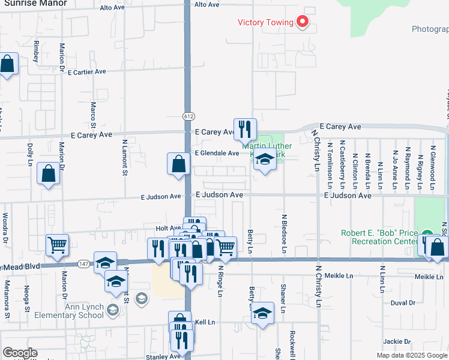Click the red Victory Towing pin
303,23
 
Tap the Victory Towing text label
265,23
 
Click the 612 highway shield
188,116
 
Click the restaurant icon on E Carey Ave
244,129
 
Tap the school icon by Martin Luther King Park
264,160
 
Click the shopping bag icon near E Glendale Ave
178,164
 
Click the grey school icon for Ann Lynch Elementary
141,298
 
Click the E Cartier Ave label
86,71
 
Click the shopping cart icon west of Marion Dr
57,244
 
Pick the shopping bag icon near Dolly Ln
48,174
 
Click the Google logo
20,353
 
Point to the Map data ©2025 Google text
411,355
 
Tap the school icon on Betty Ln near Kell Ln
262,314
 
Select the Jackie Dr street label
397,341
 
